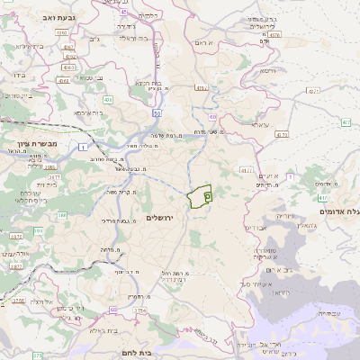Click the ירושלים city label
165,219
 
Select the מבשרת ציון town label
27,143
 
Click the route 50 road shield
157,113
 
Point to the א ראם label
209,41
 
